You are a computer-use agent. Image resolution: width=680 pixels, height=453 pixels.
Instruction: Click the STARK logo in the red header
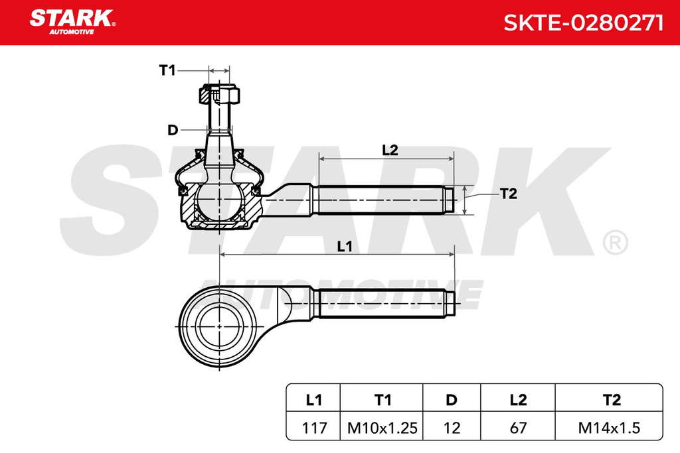coord(72,22)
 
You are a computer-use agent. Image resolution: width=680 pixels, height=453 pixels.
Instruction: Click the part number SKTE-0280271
coord(583,23)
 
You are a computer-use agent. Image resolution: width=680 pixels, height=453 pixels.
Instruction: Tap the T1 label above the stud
coord(167,70)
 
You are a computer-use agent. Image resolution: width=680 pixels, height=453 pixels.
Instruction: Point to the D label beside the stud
coord(173,130)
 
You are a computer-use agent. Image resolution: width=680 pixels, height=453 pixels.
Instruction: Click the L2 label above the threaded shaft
coord(390,150)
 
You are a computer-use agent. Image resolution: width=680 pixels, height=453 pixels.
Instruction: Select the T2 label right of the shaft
coord(508,194)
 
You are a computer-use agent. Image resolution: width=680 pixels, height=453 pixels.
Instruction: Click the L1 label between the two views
coord(345,247)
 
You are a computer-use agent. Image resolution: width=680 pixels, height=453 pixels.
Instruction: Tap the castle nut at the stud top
coord(219,95)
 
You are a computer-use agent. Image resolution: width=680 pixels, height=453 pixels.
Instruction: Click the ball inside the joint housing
coord(219,202)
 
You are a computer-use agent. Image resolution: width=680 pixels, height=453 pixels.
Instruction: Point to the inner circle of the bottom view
coord(219,326)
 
